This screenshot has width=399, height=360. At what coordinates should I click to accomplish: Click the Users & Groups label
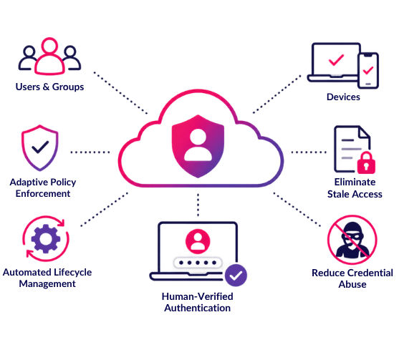coord(49,87)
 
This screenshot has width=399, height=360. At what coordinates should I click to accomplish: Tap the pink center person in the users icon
coord(49,57)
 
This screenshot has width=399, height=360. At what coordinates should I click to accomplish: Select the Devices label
coord(343,97)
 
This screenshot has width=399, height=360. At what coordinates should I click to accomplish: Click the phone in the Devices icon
coord(368,71)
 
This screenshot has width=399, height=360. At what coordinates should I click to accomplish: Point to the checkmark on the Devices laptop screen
coord(336,60)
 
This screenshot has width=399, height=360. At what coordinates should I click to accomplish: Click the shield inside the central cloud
coord(198,146)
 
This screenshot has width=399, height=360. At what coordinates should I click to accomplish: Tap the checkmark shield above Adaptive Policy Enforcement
coord(40,148)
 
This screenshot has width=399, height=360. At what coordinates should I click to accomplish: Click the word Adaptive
coord(29,183)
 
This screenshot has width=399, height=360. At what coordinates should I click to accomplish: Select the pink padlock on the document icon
coord(366,163)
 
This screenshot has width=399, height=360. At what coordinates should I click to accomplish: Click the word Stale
coord(338,194)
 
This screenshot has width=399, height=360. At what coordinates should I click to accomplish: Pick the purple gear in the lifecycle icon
coord(46,239)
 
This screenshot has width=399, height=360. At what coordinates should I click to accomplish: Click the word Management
coord(47,283)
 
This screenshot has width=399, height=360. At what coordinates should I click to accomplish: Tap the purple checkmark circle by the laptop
coord(236,276)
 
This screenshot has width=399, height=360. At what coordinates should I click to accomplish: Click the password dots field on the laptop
coord(198,263)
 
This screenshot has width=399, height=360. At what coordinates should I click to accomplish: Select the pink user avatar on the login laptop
coord(198,241)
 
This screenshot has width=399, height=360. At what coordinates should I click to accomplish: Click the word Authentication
coord(198,308)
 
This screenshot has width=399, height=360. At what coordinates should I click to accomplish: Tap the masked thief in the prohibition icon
coord(352,240)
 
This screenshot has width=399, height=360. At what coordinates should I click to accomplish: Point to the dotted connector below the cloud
coord(198,205)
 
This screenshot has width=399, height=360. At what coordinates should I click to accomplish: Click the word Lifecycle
coord(73,272)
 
